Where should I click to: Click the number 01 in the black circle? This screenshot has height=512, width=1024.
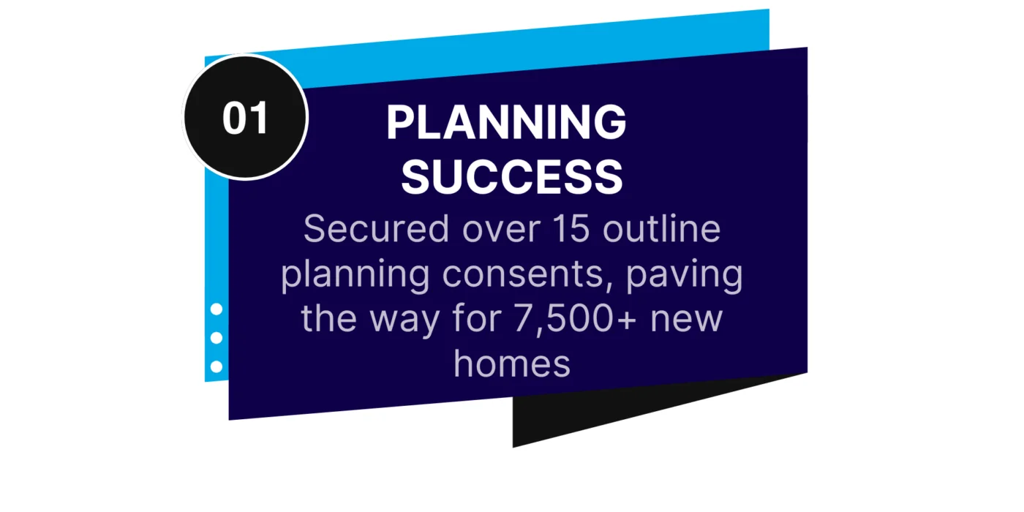click(246, 118)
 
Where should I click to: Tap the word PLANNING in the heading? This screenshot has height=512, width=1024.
click(506, 122)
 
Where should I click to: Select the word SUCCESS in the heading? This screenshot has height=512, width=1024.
click(512, 176)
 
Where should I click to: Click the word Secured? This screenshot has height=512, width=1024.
click(377, 229)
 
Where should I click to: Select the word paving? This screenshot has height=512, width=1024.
click(685, 276)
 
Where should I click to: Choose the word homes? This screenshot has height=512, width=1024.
click(511, 363)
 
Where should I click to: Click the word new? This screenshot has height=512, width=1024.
click(689, 320)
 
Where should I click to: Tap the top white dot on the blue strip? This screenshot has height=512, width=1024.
click(216, 309)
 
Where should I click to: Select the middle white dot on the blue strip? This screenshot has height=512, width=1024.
click(216, 338)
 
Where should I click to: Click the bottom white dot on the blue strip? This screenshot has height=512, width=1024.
click(216, 366)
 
